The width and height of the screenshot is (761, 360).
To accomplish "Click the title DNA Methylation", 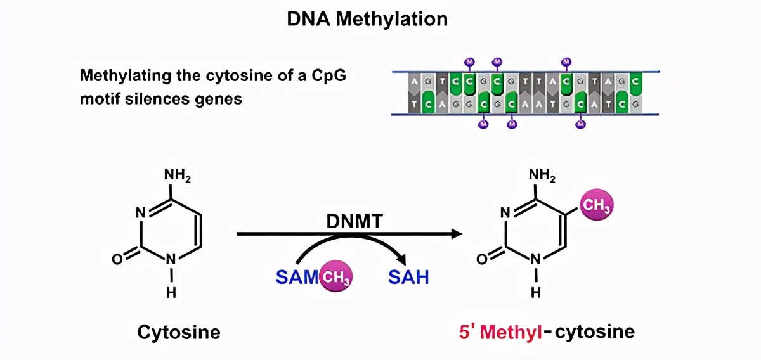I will click(367, 18).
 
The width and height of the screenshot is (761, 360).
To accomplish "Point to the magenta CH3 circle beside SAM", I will click(335, 277).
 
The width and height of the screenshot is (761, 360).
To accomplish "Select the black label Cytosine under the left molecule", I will click(179, 331).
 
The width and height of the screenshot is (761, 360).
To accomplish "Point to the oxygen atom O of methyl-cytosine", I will click(481, 259).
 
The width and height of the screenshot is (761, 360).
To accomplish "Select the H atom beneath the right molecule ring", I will click(536, 292).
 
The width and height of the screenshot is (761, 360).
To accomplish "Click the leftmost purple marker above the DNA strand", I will click(469, 61).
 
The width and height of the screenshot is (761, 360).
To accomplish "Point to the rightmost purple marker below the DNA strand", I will click(580, 124).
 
